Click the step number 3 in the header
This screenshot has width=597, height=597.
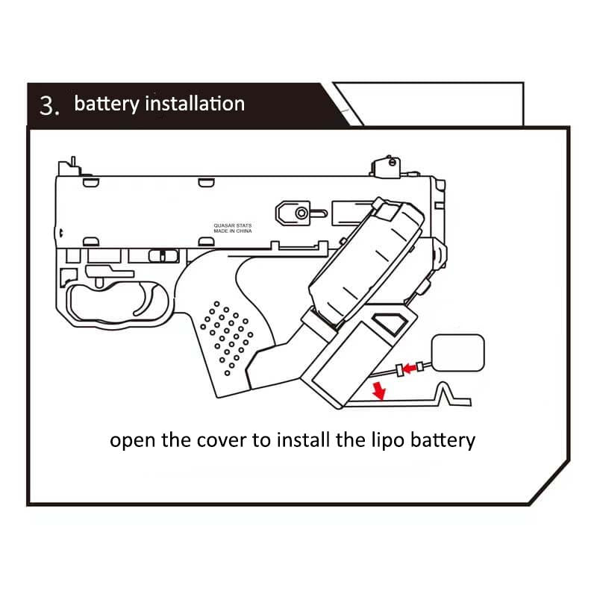[x=48, y=106]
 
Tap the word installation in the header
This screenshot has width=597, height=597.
[x=195, y=103]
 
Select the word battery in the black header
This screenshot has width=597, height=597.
[x=107, y=104]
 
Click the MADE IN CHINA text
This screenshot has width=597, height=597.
[x=233, y=231]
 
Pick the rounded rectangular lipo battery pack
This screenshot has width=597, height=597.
[x=458, y=351]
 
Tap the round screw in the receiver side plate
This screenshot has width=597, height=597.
[x=301, y=213]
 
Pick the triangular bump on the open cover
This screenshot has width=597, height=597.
[x=447, y=393]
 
